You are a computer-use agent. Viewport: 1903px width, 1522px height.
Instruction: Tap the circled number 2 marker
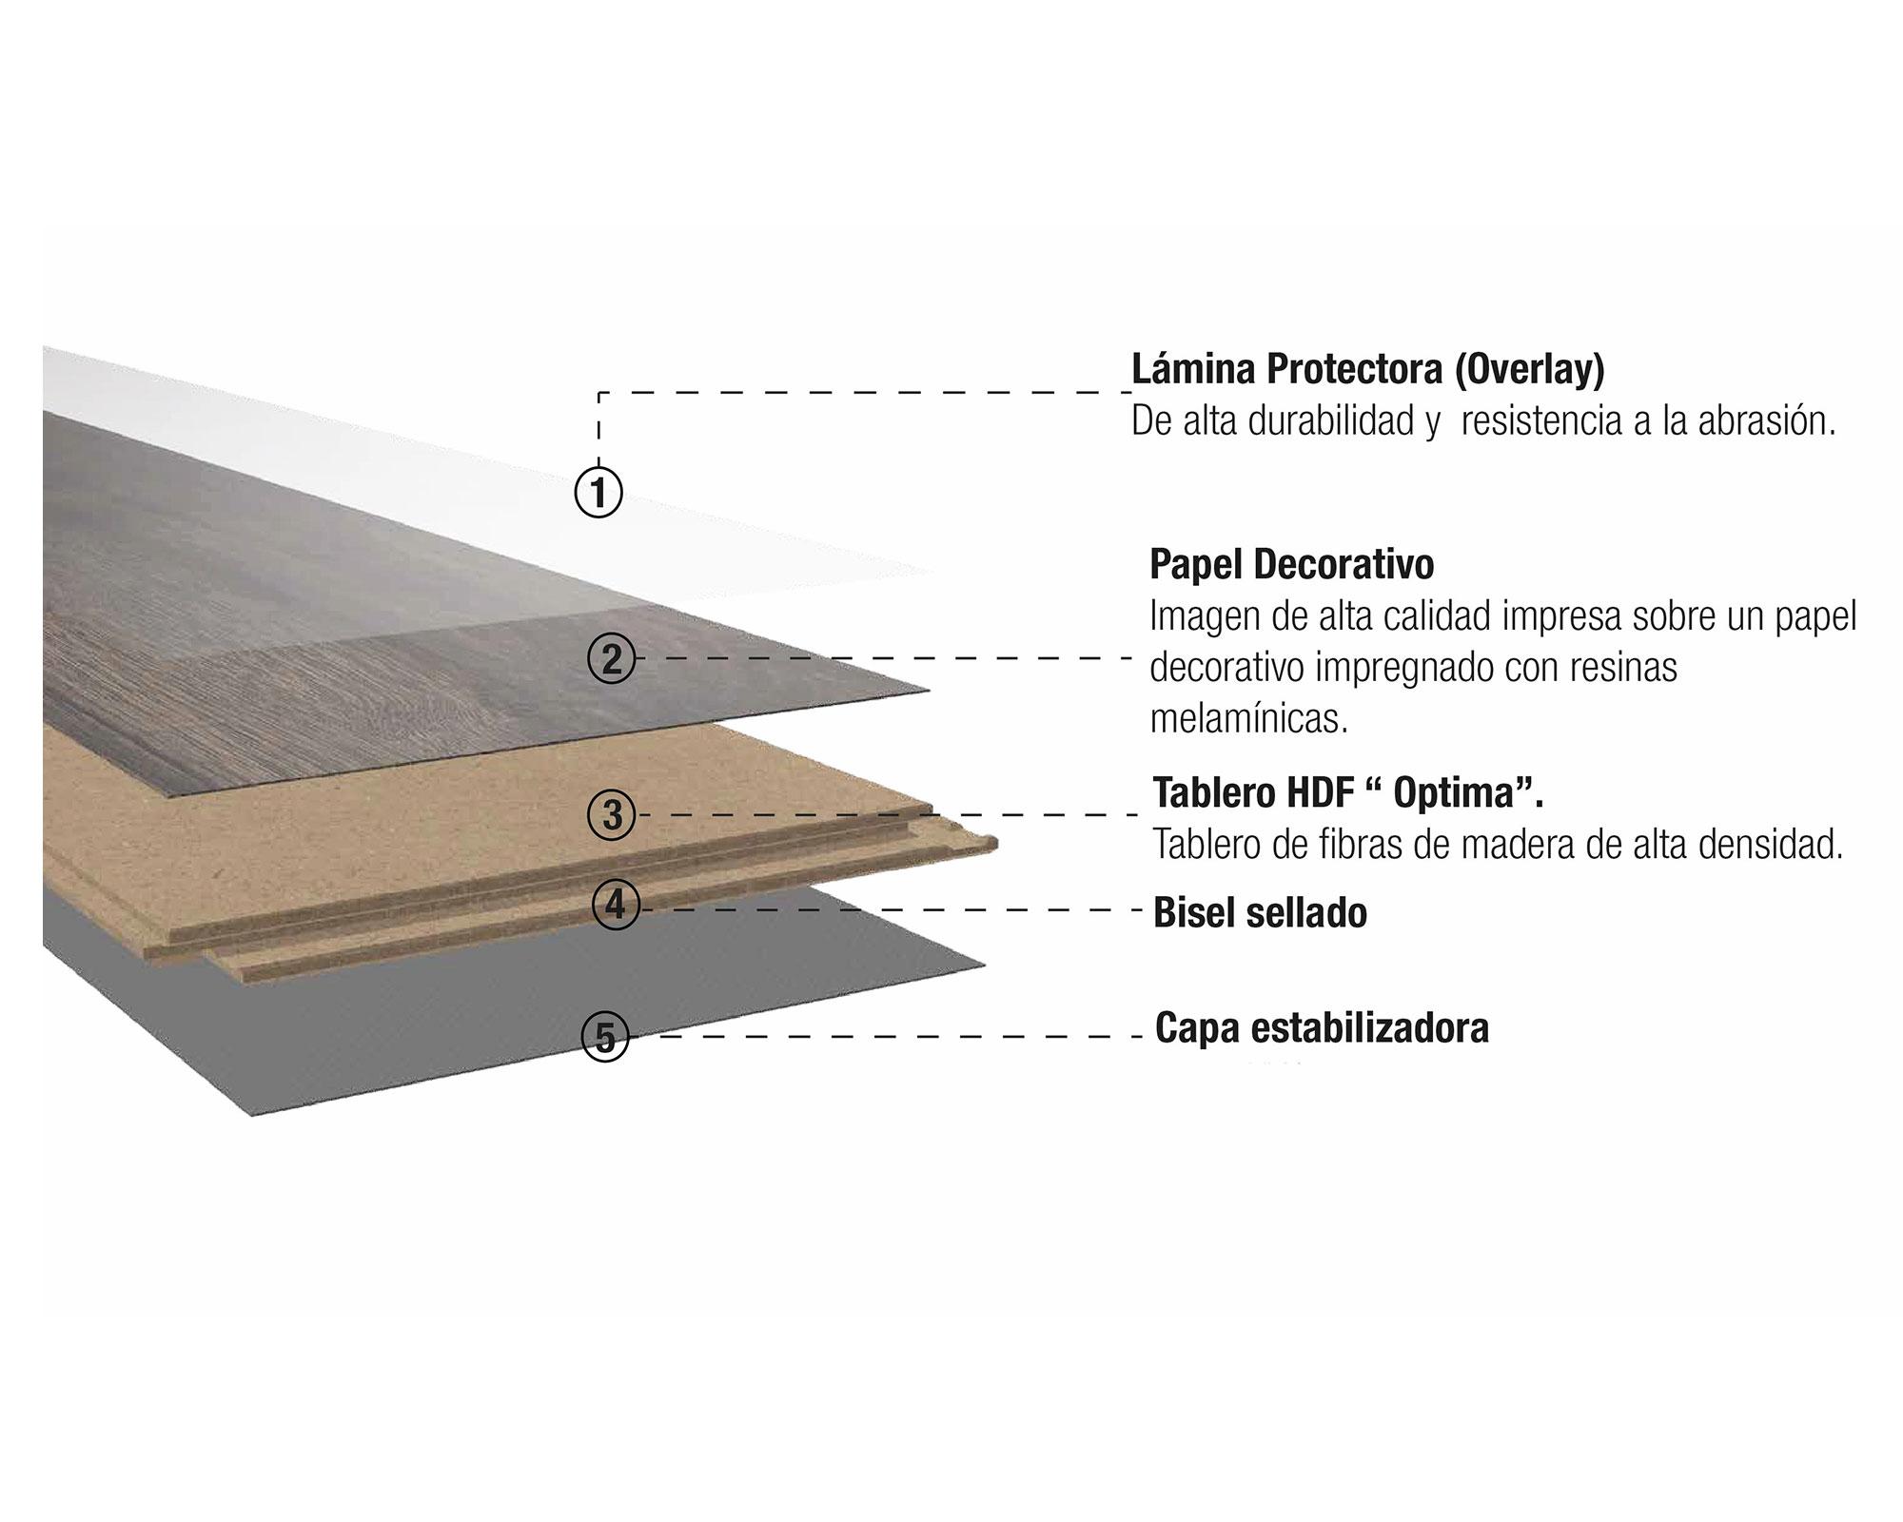tap(612, 658)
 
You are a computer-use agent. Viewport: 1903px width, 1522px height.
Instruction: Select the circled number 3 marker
tap(612, 815)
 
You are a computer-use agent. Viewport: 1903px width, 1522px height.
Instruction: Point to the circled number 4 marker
tap(616, 905)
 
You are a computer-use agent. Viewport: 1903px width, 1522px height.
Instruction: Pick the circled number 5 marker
tap(605, 1036)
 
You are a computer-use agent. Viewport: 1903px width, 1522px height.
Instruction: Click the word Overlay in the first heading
tap(1529, 369)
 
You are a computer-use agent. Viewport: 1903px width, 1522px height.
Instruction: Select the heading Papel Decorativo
tap(1291, 564)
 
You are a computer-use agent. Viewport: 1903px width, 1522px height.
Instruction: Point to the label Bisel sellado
tap(1260, 912)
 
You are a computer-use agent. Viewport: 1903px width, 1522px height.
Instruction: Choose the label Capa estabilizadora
tap(1322, 1028)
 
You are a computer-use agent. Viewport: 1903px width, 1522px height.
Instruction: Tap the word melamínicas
tap(1248, 720)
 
